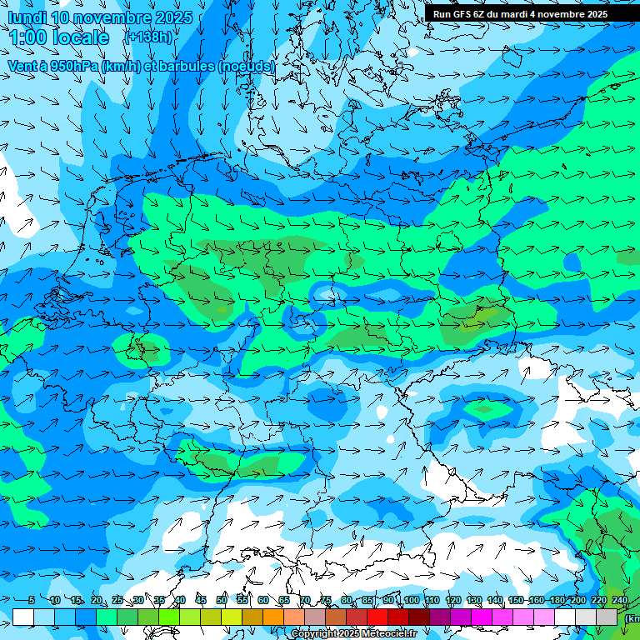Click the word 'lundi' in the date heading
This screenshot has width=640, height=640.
pyautogui.click(x=27, y=17)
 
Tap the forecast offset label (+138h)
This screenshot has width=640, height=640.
pyautogui.click(x=147, y=37)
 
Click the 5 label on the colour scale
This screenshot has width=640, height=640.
pyautogui.click(x=32, y=601)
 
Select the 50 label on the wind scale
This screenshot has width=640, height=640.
pyautogui.click(x=222, y=601)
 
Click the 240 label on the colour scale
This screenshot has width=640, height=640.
pyautogui.click(x=620, y=601)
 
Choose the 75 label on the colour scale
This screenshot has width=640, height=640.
pyautogui.click(x=326, y=601)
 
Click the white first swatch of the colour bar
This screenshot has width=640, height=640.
pyautogui.click(x=23, y=617)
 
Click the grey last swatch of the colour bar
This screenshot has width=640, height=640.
pyautogui.click(x=607, y=617)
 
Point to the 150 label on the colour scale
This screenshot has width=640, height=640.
pyautogui.click(x=516, y=601)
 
